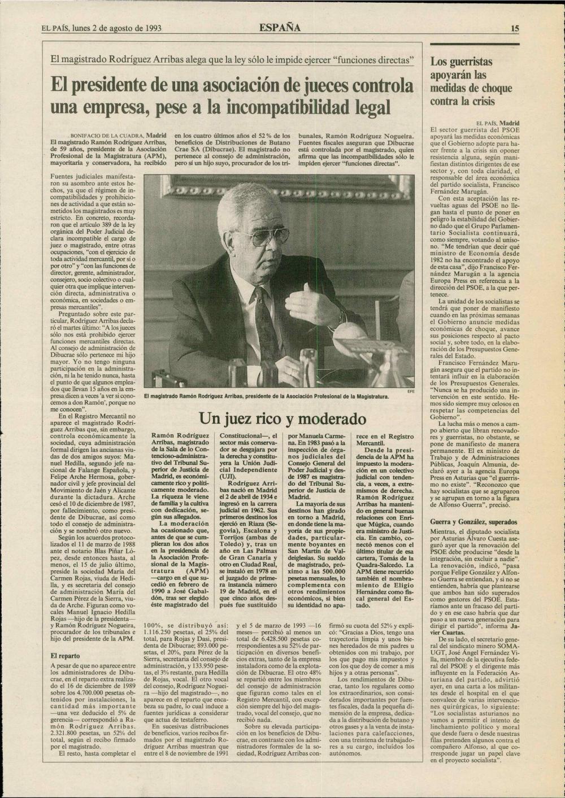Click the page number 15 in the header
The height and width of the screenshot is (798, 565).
point(515,28)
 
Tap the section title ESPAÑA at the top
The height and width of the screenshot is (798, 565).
point(280,28)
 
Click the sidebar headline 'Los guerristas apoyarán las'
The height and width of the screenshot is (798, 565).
point(461,68)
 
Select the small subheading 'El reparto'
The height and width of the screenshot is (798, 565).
point(66,656)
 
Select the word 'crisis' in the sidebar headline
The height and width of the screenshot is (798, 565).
point(481,102)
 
